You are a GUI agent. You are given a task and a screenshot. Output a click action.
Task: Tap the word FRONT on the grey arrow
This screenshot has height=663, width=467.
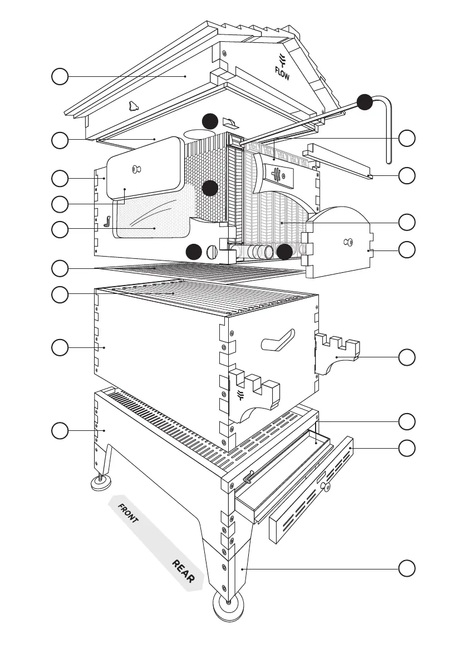pos(127,513)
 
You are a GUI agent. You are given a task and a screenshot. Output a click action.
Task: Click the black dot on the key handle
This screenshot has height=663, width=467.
pos(365,102)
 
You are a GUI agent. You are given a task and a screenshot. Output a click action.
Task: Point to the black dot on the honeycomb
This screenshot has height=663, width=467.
pos(210,188)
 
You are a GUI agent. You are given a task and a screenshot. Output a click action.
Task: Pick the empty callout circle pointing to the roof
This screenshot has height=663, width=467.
pos(60,76)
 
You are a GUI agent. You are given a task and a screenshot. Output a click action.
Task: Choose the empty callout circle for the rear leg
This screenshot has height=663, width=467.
pos(407,569)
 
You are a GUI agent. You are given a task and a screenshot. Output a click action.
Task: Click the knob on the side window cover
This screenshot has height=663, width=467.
pos(136,169)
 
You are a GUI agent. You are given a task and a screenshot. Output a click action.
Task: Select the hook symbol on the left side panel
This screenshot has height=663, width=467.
pos(107,222)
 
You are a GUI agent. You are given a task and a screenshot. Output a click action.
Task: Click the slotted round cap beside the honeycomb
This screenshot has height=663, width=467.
pos(211,252)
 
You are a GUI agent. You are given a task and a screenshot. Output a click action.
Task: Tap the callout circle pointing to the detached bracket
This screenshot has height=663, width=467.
pos(407,357)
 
